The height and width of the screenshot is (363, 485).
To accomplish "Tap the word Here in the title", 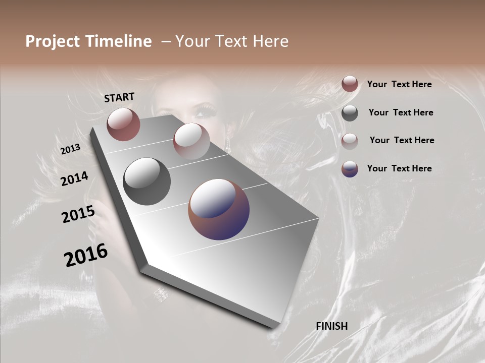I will [270, 41].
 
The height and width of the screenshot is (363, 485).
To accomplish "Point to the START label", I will [119, 97].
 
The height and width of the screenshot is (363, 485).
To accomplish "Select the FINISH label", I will [332, 326].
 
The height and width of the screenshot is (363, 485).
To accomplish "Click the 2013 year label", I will [70, 149].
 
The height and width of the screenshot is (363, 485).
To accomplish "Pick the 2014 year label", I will [74, 178].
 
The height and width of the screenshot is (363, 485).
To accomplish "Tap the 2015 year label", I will [78, 214].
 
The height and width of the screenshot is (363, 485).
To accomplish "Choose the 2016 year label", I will [86, 255].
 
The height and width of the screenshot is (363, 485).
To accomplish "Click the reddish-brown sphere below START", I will [123, 124].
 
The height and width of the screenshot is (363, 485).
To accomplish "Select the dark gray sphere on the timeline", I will [147, 181].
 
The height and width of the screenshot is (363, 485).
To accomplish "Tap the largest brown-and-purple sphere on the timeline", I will [219, 209].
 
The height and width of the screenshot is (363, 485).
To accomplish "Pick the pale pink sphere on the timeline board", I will [191, 141].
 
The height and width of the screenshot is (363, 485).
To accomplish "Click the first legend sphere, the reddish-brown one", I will [350, 84].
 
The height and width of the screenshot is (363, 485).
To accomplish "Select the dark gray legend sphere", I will [350, 113].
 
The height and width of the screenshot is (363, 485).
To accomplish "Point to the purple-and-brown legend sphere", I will [350, 169].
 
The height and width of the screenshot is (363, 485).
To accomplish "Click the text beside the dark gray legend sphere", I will [401, 112].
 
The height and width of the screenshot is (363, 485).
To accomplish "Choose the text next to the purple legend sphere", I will [399, 168].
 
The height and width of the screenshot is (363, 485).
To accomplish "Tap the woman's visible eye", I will [205, 109].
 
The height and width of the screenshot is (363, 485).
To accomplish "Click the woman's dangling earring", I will [227, 145].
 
